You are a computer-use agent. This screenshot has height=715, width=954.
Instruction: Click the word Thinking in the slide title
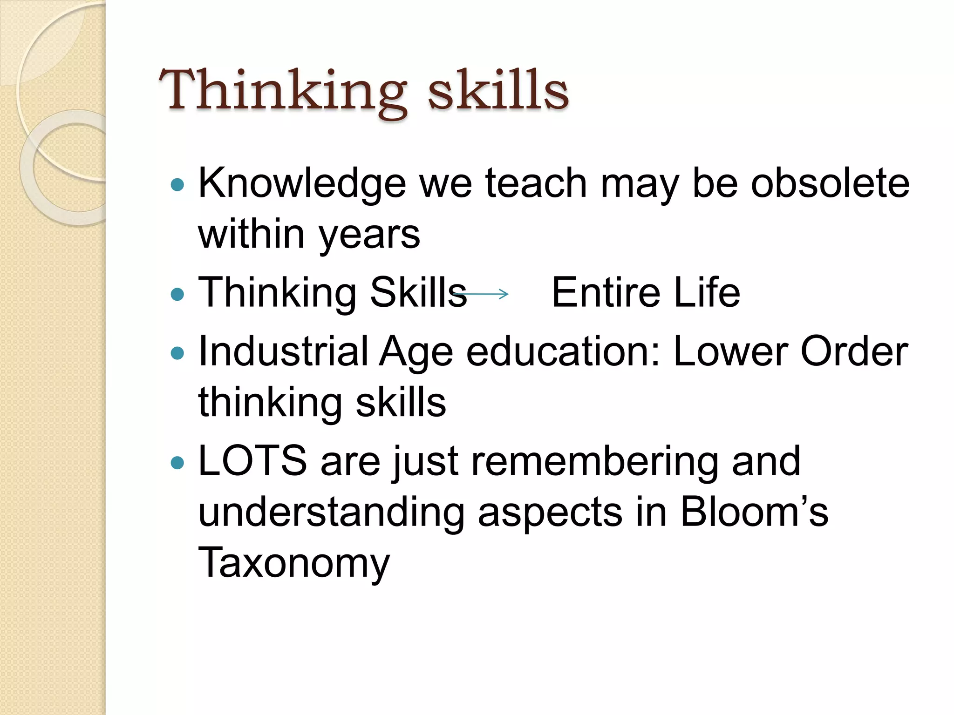[282, 91]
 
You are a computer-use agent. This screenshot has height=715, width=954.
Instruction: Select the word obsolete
[830, 183]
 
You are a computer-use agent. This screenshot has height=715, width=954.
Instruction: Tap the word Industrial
[283, 351]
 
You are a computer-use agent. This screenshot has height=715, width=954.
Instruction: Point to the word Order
[854, 351]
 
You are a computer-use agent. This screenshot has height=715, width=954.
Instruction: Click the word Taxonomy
[294, 563]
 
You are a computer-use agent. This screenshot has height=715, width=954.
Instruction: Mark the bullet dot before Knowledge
[177, 185]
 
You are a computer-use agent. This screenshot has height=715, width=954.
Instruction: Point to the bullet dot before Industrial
[177, 353]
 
